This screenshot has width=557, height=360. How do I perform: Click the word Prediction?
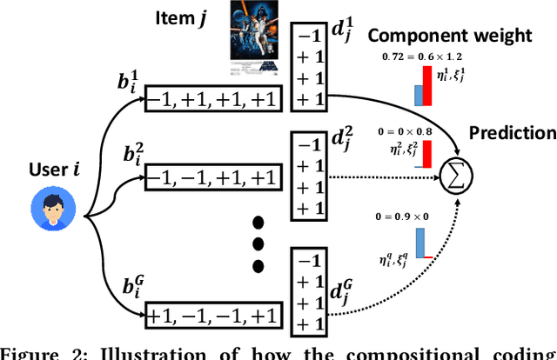(x=513, y=133)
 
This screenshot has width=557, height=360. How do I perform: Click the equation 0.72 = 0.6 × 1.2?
(x=424, y=57)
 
